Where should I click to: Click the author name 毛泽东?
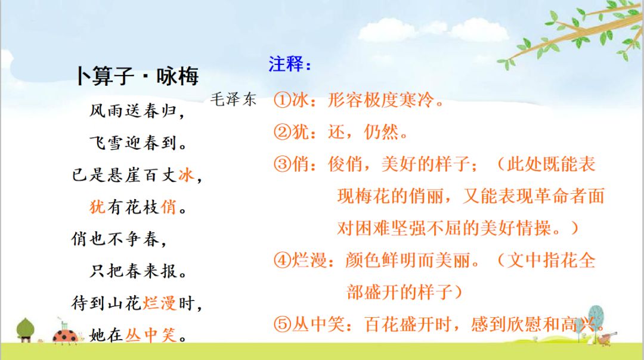point(233,100)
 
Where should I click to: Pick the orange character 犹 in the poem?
point(97,207)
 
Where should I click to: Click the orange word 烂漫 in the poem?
point(159,303)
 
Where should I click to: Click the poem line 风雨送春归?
point(137,111)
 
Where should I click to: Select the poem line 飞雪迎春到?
point(137,144)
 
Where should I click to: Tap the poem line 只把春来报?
point(137,272)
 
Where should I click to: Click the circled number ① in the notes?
point(282,100)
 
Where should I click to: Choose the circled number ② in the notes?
point(282,132)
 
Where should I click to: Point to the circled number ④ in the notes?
point(282,260)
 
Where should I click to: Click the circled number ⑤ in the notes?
point(282,324)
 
